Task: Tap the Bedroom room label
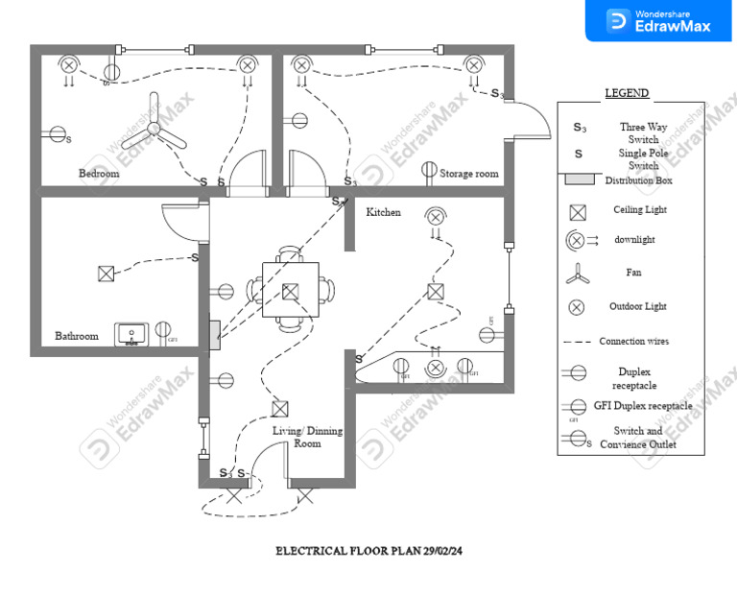(99, 174)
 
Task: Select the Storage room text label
(469, 174)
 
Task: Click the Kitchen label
(383, 212)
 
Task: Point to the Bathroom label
(76, 336)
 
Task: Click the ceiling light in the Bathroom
(106, 274)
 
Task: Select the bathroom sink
(131, 334)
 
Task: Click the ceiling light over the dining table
(290, 291)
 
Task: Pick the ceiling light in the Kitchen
(436, 291)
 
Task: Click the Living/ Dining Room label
(295, 438)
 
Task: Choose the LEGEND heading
(627, 93)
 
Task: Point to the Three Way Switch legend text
(643, 132)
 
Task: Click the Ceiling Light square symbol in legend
(577, 212)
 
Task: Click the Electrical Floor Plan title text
(369, 551)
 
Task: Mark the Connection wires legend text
(634, 342)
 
